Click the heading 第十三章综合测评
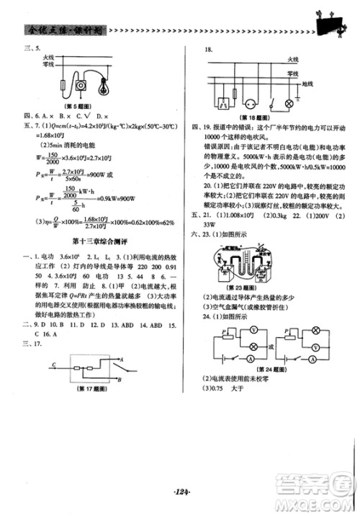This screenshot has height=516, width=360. click(98, 239)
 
